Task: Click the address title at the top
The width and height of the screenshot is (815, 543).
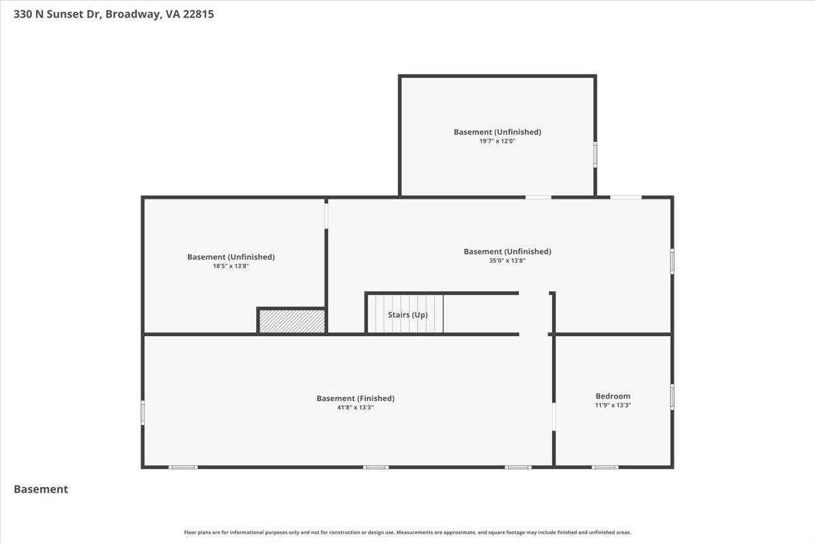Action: coord(114,14)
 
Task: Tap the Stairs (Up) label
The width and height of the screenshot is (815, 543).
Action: coord(407,315)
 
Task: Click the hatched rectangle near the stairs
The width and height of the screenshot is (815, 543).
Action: coord(291,321)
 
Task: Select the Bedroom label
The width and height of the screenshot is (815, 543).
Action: coord(613,396)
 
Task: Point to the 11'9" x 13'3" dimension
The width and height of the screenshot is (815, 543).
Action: coord(613,406)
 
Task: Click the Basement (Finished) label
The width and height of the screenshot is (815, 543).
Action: coord(355,398)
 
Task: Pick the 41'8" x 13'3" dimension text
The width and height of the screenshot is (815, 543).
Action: coord(355,408)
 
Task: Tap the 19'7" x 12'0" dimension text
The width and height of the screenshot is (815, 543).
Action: coord(497,141)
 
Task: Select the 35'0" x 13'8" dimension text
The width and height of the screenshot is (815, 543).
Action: coord(507,261)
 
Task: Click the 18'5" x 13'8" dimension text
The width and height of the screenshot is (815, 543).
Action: coord(231,266)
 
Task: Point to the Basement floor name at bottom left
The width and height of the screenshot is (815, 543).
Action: coord(41,489)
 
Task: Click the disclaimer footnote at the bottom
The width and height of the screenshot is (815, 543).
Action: coord(407,532)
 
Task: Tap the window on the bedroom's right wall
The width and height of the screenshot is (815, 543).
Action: coord(672,397)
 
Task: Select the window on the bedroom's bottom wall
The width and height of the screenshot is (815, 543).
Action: coord(604,467)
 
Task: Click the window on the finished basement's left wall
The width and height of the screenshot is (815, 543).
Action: coord(143,413)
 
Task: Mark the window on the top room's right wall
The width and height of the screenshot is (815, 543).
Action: coord(596,155)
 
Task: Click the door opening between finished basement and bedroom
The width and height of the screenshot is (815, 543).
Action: coord(554,417)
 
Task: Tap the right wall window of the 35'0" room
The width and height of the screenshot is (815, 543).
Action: coord(672,261)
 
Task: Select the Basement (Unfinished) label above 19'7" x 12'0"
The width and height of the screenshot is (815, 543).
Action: coord(497,132)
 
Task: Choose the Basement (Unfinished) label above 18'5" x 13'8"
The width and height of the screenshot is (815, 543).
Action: coord(231,257)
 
